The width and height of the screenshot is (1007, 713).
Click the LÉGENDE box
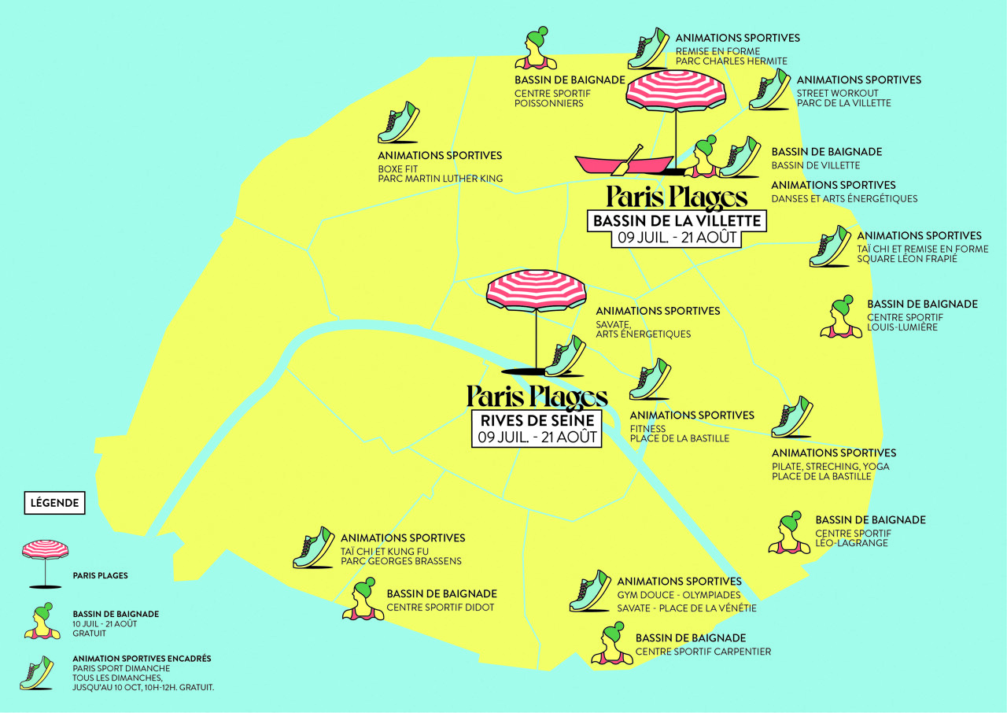click(x=54, y=502)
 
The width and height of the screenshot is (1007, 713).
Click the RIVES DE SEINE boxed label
click(x=537, y=421)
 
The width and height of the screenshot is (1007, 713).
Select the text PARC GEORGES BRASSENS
click(x=400, y=561)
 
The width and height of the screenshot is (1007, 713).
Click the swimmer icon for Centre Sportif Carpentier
click(x=612, y=645)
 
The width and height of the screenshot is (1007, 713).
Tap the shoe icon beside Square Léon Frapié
click(x=830, y=246)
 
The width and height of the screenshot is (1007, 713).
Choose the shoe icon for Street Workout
click(x=769, y=89)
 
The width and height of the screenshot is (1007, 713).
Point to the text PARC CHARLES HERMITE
click(x=731, y=61)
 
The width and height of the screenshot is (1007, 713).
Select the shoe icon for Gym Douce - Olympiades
click(x=590, y=591)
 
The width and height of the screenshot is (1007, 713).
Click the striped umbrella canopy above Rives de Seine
click(x=537, y=290)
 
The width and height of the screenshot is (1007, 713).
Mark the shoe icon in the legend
click(x=37, y=673)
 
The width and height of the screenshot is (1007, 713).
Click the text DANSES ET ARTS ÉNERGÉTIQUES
click(x=844, y=198)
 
